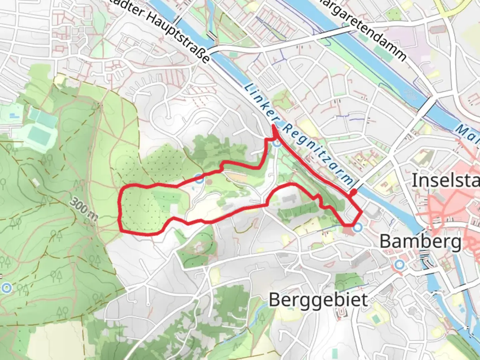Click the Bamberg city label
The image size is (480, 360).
(421, 241)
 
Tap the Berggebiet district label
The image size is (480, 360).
(318, 299)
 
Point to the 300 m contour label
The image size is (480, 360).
(83, 210)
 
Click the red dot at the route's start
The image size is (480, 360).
(353, 192)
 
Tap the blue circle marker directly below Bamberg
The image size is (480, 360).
(399, 265)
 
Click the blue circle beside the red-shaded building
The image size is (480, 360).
(358, 228)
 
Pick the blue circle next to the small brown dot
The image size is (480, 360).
(199, 179)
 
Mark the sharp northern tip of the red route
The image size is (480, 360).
(273, 125)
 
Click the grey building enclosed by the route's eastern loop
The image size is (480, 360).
(289, 199)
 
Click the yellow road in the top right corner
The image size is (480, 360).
(453, 8)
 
